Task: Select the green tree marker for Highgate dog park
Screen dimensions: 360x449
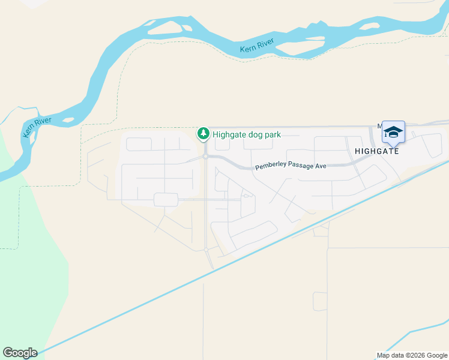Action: click(204, 133)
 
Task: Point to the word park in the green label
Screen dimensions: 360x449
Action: click(271, 134)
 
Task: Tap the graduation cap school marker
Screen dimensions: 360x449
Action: click(393, 132)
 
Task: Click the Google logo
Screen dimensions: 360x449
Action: click(20, 352)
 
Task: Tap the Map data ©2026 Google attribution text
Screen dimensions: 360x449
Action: click(412, 355)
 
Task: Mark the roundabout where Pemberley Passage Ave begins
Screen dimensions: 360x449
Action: click(205, 156)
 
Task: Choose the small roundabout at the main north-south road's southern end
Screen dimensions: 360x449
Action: click(206, 249)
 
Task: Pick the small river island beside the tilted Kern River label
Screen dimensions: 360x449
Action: click(67, 121)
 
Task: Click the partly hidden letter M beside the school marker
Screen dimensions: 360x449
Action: click(380, 126)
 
